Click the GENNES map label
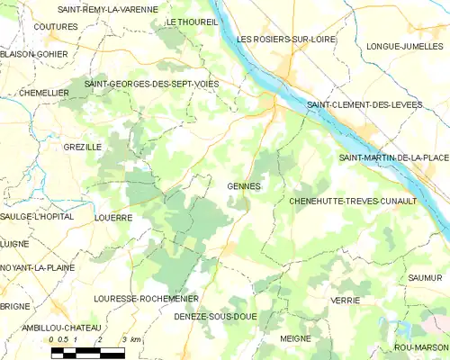click(x=244, y=186)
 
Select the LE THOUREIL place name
click(x=192, y=22)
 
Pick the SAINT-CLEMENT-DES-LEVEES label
click(x=364, y=105)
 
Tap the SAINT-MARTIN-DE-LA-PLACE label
click(x=393, y=158)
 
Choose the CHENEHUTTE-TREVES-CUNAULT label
click(x=353, y=201)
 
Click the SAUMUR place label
click(x=425, y=278)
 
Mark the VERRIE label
click(x=346, y=300)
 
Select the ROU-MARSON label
click(x=420, y=347)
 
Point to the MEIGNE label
click(x=295, y=338)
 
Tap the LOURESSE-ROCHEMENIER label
click(x=146, y=298)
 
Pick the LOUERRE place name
click(x=113, y=218)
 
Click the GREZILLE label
click(x=83, y=146)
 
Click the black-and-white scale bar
click(x=87, y=352)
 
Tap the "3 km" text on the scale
click(x=130, y=340)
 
